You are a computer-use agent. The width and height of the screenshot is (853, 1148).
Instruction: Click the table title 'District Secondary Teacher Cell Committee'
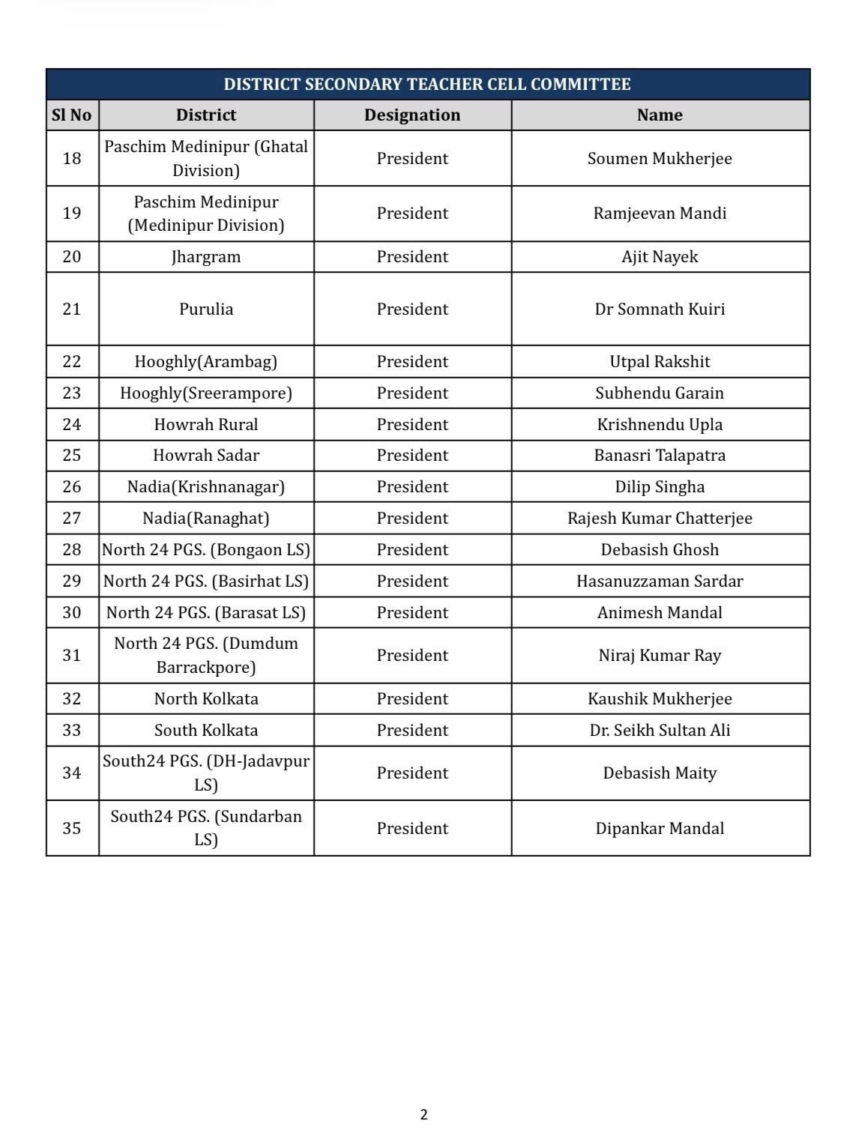427,84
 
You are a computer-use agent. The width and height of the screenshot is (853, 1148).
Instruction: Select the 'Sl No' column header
72,115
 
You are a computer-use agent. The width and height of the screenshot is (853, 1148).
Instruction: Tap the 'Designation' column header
412,115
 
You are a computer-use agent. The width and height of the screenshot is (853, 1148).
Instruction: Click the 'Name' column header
660,115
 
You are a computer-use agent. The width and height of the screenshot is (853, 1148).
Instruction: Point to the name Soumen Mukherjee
660,158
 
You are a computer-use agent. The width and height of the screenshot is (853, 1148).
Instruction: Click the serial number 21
72,309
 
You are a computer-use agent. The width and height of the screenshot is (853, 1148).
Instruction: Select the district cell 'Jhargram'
206,256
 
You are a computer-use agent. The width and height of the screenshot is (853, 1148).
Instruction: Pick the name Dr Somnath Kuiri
660,309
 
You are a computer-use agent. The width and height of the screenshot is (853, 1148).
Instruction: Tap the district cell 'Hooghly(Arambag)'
206,361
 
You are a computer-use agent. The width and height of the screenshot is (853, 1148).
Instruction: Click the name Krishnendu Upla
660,424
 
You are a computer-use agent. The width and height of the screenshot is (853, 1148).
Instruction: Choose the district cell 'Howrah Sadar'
206,455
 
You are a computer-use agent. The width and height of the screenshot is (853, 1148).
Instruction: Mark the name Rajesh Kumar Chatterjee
660,518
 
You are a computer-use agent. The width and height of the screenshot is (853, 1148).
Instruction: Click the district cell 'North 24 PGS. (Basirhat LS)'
206,581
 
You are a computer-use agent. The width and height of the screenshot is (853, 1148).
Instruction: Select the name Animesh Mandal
660,612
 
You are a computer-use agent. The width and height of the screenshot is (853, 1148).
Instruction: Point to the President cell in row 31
412,655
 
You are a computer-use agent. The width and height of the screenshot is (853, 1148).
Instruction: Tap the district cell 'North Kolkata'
206,698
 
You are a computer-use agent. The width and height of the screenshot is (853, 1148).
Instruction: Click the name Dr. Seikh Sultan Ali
660,730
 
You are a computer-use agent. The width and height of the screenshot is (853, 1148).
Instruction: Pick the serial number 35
72,828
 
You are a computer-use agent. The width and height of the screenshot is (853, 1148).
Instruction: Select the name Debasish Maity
660,773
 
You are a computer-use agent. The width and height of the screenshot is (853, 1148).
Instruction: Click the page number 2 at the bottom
424,1114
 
